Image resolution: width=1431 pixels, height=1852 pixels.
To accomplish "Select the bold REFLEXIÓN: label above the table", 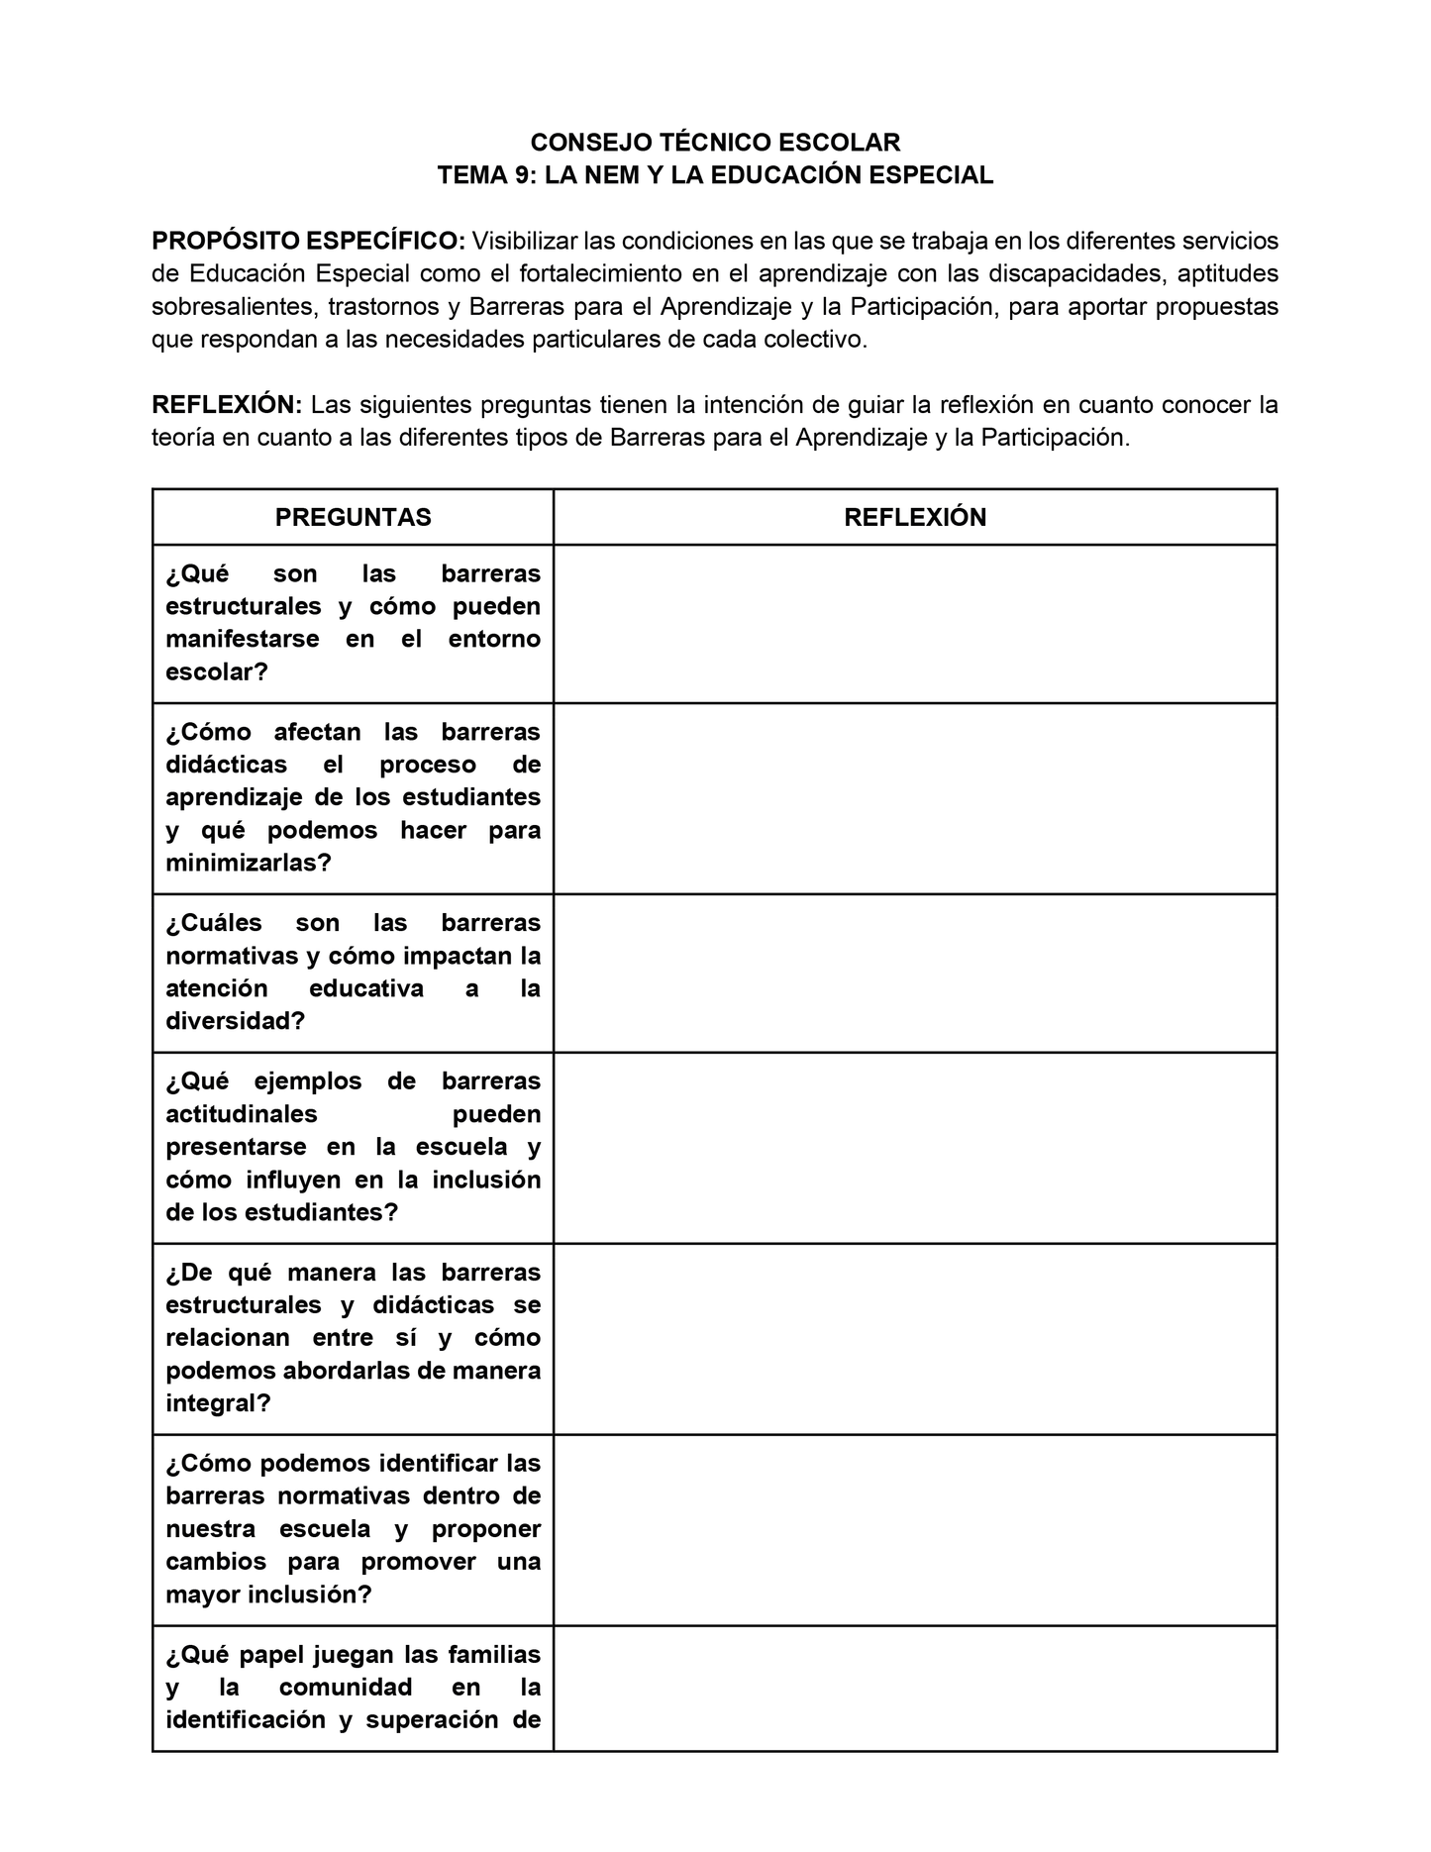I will [x=227, y=405].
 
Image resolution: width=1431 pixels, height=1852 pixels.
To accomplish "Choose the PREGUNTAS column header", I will [x=353, y=517].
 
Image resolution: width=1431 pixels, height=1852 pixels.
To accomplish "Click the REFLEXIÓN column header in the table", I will [x=914, y=517].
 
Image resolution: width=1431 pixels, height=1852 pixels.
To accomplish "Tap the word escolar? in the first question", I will [x=217, y=671].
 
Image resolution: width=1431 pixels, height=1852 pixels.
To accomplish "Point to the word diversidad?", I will [x=235, y=1020].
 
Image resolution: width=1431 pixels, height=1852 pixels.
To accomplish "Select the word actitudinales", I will [x=242, y=1114].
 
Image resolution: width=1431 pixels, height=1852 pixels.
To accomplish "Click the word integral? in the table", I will [x=218, y=1403].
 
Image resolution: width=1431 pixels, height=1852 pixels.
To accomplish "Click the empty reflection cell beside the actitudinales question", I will [x=914, y=1148].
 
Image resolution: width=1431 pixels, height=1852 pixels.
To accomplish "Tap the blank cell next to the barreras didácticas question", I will [x=914, y=798].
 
